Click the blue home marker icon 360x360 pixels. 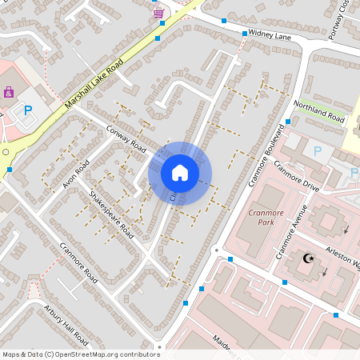pos(180,172)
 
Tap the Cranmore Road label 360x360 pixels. pos(78,263)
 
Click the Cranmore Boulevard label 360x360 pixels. pos(266,154)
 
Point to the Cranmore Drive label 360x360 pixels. pos(296,172)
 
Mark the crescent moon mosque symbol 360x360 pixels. pos(306,258)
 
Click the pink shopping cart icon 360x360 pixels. pos(158,14)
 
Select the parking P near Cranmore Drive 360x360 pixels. pos(317,150)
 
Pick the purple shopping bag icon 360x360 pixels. pos(9,92)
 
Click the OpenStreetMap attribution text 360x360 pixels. pos(81,354)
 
